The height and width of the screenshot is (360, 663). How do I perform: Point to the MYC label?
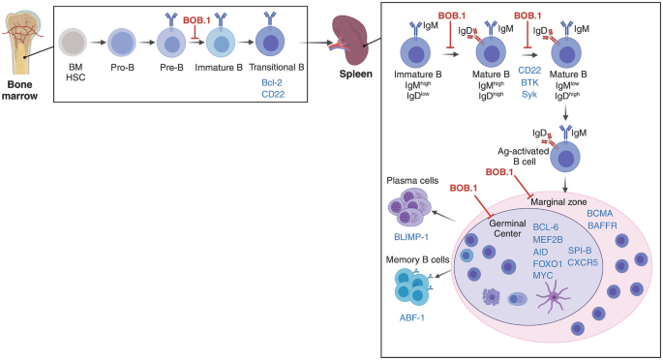pos(542,275)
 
